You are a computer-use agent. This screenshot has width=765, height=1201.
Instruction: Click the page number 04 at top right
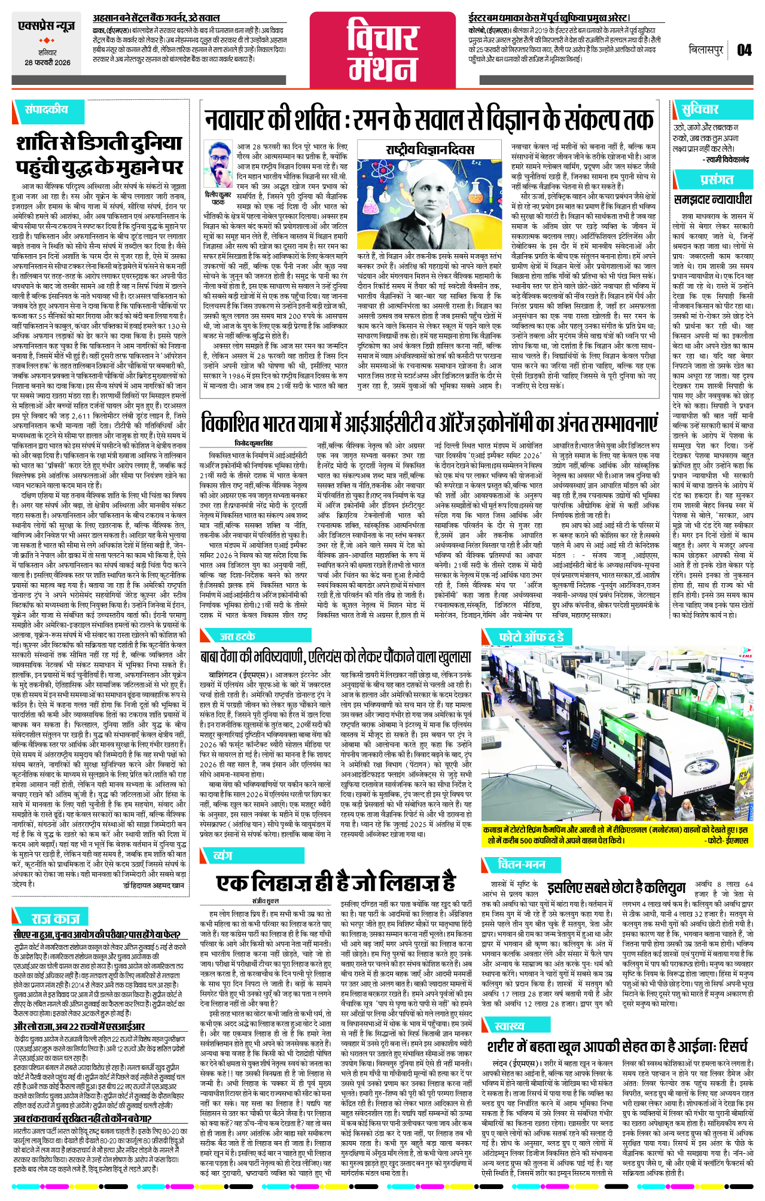tap(744, 50)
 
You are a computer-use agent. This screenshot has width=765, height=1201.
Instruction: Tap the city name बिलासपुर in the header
tap(706, 50)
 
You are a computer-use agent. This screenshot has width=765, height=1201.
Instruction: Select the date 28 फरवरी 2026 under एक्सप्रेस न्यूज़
tap(47, 63)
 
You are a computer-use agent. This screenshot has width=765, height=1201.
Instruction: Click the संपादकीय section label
tap(46, 109)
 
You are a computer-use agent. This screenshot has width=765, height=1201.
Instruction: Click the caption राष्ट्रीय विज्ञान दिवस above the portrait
tap(429, 149)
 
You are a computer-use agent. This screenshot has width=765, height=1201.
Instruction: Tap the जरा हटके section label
tap(237, 636)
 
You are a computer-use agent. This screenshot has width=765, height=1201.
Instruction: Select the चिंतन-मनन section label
tap(521, 864)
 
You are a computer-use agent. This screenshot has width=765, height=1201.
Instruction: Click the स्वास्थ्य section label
tap(509, 1026)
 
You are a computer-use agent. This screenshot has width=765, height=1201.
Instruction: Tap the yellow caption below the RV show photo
tap(616, 835)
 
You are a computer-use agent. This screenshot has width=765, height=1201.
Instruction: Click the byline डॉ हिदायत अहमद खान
tap(154, 885)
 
